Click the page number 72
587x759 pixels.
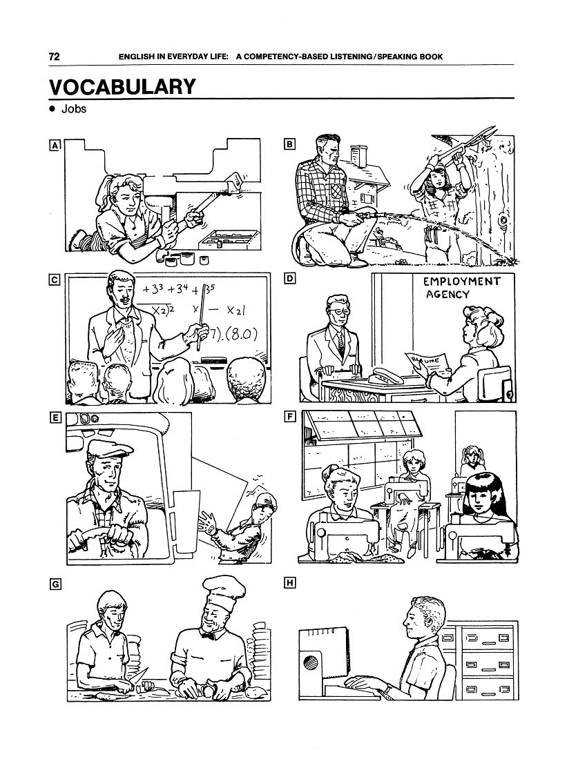55,57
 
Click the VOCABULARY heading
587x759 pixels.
122,87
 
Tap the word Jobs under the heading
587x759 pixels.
74,109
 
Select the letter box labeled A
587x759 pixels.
55,145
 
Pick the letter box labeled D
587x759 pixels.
289,278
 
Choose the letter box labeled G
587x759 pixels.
56,584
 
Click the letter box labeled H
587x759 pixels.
289,582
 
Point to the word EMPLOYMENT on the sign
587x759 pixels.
461,282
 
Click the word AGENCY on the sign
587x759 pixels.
448,295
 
